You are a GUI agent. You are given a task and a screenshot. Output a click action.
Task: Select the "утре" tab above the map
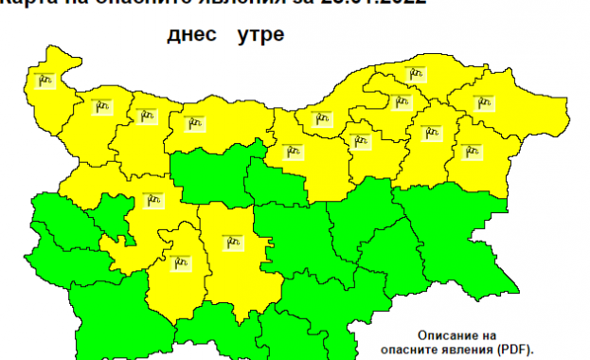pos(255,36)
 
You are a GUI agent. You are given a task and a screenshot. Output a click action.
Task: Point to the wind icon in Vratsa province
pos(146,116)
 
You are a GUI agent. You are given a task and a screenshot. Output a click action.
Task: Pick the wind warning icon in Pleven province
pos(195,121)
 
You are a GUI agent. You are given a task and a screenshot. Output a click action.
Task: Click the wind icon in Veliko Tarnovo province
pos(292,150)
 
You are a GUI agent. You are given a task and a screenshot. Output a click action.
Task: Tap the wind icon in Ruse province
pos(316,117)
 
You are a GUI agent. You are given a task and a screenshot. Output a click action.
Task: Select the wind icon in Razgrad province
pos(359,141)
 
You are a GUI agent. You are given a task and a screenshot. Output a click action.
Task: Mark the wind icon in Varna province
pos(468,150)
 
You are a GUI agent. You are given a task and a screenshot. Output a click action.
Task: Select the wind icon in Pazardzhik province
pos(181,259)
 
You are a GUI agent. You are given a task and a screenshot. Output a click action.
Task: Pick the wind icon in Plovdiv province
pos(232,243)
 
